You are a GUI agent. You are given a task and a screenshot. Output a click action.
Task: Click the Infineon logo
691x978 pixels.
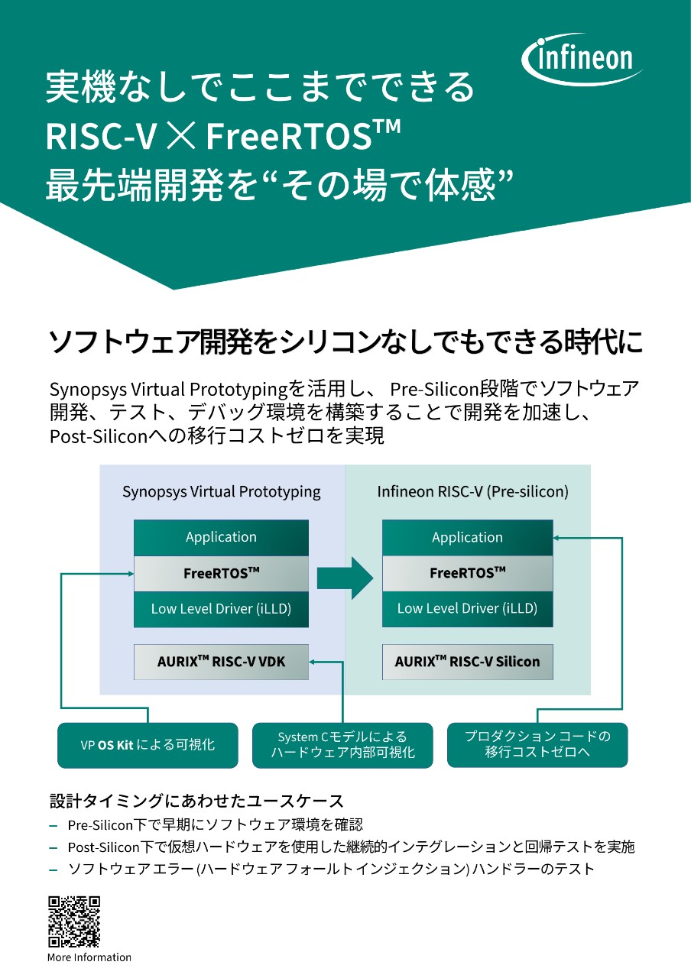tap(582, 59)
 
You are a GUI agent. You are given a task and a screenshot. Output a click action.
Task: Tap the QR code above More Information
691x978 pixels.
tap(74, 921)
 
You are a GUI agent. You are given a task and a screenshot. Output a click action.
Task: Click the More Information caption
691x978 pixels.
tap(89, 957)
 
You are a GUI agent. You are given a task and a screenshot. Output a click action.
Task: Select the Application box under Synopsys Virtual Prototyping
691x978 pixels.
tap(221, 537)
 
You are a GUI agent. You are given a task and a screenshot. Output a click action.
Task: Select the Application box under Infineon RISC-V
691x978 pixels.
tap(467, 537)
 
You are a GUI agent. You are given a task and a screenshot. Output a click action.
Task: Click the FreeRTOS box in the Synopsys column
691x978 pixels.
tap(221, 573)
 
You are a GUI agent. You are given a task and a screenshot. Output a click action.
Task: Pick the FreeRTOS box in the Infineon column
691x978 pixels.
tap(467, 573)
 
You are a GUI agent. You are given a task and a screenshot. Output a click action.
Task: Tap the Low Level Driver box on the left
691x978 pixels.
tap(221, 609)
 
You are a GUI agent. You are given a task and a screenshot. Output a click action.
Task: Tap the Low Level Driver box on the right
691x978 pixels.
tap(467, 609)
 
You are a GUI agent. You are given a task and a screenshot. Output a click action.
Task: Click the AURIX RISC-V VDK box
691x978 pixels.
tap(221, 662)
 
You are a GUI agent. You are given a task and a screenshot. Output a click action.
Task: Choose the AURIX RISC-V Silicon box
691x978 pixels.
tap(467, 662)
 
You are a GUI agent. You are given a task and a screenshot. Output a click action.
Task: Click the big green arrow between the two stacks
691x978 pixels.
tap(345, 578)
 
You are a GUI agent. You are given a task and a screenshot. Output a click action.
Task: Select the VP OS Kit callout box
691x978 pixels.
tap(148, 745)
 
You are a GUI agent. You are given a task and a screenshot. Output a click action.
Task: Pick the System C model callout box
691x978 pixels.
tap(342, 745)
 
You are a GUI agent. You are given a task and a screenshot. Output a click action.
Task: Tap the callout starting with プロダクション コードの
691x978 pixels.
tap(537, 745)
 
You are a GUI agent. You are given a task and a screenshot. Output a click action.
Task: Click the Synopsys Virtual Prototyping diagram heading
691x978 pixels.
tap(222, 492)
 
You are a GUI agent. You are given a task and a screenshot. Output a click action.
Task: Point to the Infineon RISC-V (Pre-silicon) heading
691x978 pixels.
tap(472, 492)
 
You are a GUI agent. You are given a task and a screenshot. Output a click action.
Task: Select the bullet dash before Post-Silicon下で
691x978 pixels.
tap(54, 847)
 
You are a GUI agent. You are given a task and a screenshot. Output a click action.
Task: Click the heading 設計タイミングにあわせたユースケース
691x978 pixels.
tap(196, 800)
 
